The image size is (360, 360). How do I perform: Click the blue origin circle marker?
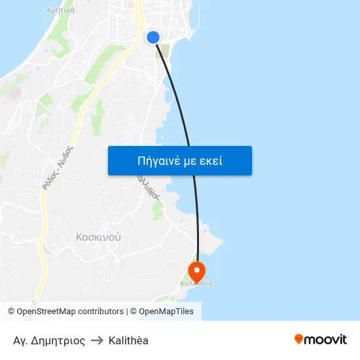click(x=153, y=37)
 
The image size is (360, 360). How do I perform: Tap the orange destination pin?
click(x=196, y=270)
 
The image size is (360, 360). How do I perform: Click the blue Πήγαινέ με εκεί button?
click(x=180, y=160)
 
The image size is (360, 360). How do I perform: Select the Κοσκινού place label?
click(x=98, y=237)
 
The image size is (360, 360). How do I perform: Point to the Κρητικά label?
click(x=61, y=10)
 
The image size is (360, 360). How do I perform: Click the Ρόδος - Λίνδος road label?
click(x=58, y=168)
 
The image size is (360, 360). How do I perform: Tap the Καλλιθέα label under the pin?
click(x=196, y=284)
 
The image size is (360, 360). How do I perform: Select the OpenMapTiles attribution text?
click(x=166, y=312)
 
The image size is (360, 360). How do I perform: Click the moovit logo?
click(x=321, y=340)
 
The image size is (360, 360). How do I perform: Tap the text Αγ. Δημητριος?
click(x=49, y=340)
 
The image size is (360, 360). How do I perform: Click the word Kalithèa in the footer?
click(x=128, y=340)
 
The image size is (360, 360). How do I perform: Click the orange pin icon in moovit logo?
click(x=299, y=340)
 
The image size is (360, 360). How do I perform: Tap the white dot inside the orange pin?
click(x=196, y=268)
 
